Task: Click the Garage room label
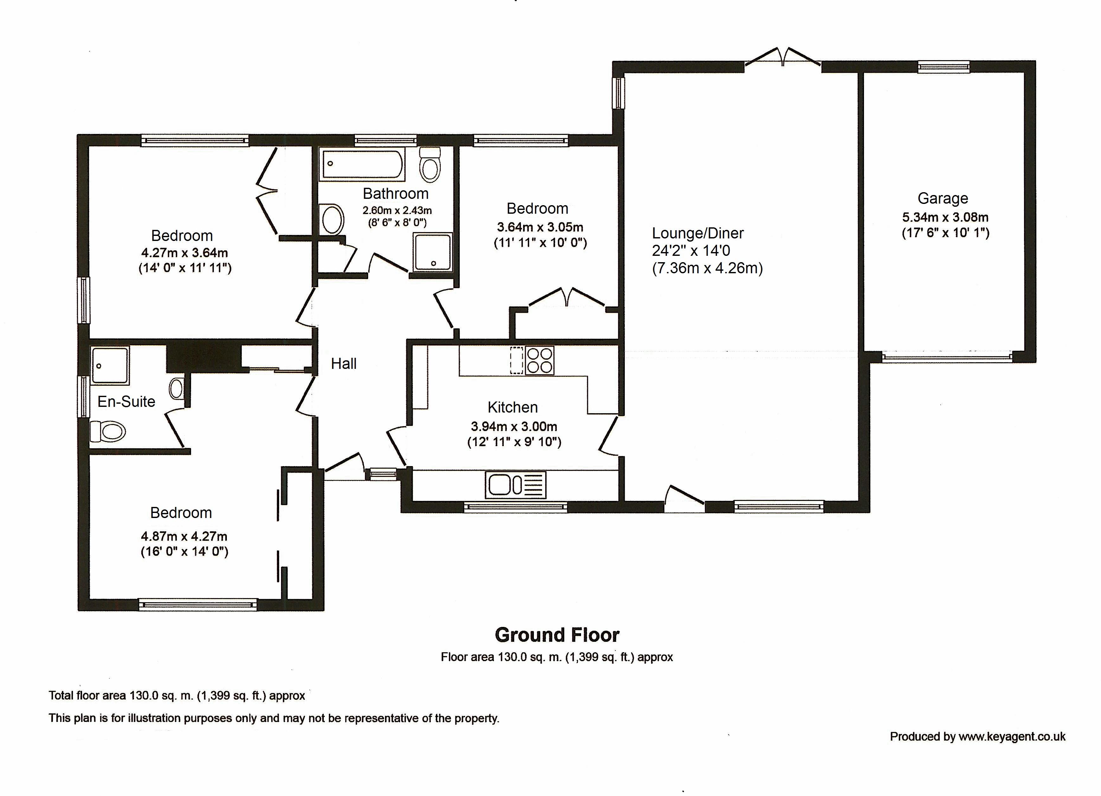[943, 199]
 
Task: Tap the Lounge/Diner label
[698, 233]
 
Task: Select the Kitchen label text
[513, 407]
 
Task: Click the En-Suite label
[126, 401]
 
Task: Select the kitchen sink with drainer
[515, 484]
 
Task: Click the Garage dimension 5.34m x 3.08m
[945, 217]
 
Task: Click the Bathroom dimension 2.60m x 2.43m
[397, 211]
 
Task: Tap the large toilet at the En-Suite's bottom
[108, 431]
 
